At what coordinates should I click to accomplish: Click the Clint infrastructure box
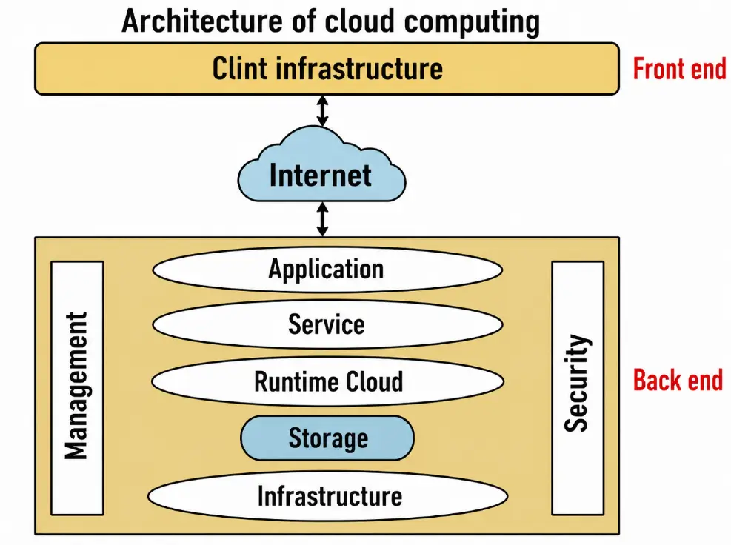327,69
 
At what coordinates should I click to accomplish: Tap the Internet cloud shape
321,174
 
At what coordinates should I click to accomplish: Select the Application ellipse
327,270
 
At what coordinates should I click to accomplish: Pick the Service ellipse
327,324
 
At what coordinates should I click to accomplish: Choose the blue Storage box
327,438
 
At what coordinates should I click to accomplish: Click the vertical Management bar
77,387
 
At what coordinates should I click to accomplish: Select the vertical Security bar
577,387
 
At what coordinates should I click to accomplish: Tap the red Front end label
678,69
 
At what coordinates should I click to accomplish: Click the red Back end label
677,381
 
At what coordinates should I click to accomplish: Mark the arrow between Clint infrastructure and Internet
322,110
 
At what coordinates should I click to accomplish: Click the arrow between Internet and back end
322,219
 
